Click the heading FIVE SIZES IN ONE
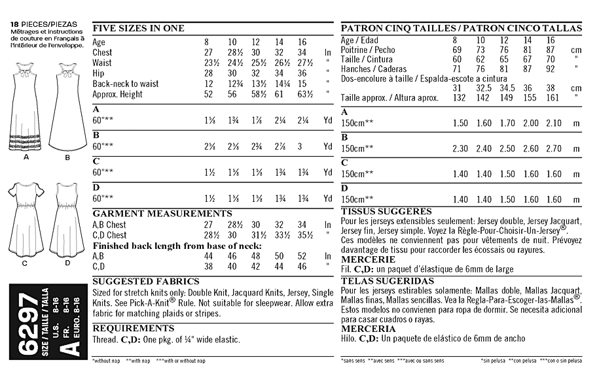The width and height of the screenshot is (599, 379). click(x=139, y=29)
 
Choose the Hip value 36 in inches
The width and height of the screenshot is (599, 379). click(x=302, y=73)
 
